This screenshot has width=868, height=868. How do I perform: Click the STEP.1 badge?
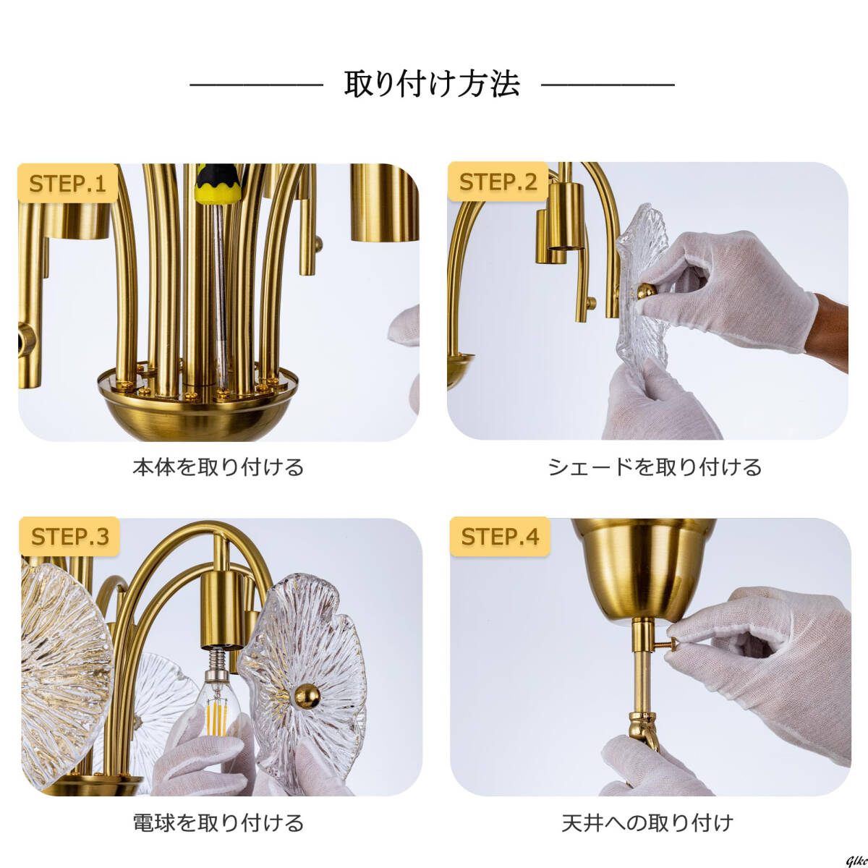click(x=67, y=184)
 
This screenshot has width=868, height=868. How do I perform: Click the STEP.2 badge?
click(x=498, y=182)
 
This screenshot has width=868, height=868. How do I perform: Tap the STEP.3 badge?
click(x=69, y=537)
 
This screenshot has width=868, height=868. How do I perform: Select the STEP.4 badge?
click(x=500, y=537)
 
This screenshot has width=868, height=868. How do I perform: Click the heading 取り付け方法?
click(x=432, y=85)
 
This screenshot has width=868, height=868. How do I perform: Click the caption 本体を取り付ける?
click(x=218, y=467)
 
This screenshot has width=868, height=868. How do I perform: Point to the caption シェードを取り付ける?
click(x=655, y=467)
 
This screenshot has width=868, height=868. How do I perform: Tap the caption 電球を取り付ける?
click(x=218, y=822)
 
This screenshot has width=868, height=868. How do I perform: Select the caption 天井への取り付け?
click(x=647, y=822)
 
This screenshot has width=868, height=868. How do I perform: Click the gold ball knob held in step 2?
click(x=644, y=291)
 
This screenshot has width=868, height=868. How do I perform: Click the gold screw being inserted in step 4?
click(x=671, y=640)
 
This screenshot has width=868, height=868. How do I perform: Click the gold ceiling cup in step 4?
click(x=642, y=571)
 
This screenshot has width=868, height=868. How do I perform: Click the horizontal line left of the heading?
click(x=256, y=85)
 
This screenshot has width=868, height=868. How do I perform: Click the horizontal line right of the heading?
click(x=608, y=85)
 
